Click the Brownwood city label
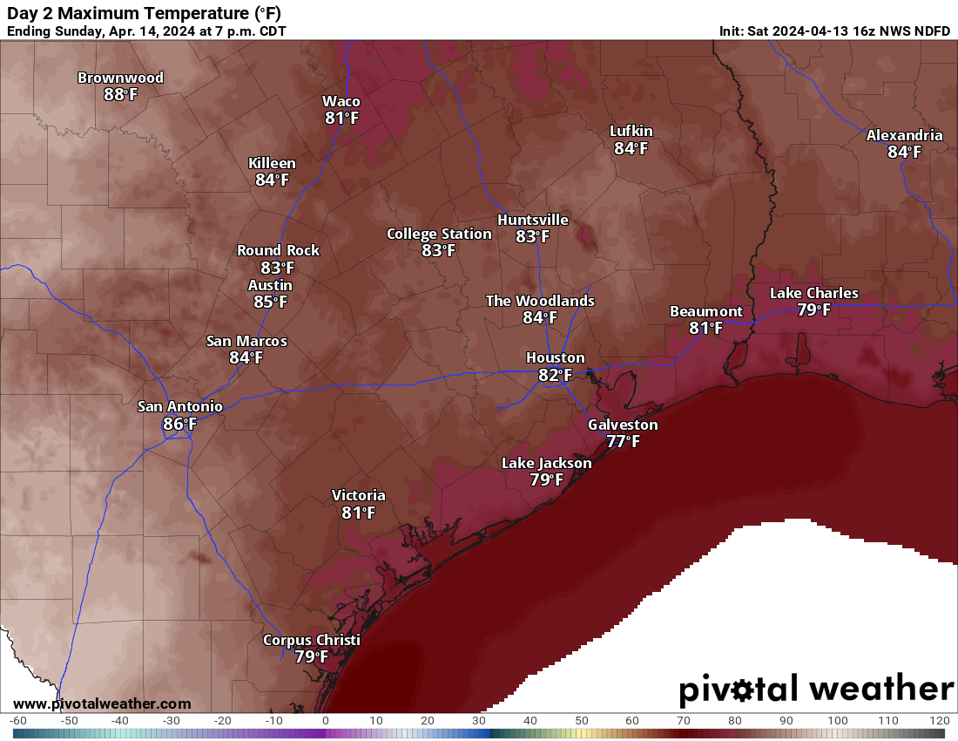pos(120,78)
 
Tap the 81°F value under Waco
pos(342,118)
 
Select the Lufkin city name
pos(631,132)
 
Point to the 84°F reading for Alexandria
pos(904,152)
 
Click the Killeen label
pos(272,163)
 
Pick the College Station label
pos(439,234)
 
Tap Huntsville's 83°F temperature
pos(532,236)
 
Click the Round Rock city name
pos(278,250)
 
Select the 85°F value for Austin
pos(270,303)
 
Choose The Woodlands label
pos(540,301)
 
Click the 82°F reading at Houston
pos(555,375)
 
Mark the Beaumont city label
pos(705,311)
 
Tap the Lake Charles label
pos(813,293)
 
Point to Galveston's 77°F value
pos(623,441)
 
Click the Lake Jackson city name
pos(546,463)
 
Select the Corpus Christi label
pos(311,641)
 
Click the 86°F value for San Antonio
pos(179,424)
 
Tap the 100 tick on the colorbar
pos(838,721)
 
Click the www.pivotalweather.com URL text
pos(102,704)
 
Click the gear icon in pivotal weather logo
pos(743,691)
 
